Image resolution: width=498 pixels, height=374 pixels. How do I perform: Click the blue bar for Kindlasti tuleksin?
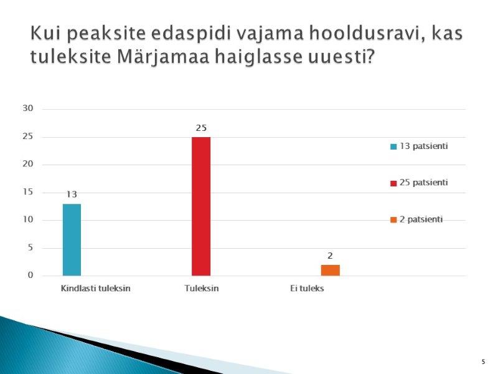pos(72,240)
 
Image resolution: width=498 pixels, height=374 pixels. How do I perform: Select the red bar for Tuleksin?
pos(201,206)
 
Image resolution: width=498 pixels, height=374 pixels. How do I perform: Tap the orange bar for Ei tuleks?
pos(331,271)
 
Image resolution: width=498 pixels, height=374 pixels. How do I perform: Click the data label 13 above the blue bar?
pos(72,194)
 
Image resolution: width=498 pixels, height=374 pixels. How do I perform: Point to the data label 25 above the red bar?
pos(201,128)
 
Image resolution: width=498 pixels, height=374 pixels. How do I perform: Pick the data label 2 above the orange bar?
pos(330,256)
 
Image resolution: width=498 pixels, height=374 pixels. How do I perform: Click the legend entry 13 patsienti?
pos(419,146)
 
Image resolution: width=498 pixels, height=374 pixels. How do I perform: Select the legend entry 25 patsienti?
pos(419,183)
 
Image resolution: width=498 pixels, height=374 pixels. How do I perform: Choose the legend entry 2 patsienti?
pos(416,219)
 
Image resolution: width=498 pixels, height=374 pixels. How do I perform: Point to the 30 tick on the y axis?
pos(27,108)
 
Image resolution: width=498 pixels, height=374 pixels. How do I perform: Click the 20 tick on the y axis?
pos(27,164)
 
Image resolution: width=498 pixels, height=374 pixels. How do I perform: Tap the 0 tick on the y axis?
pos(30,276)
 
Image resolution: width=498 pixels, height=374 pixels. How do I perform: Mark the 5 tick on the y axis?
pos(30,247)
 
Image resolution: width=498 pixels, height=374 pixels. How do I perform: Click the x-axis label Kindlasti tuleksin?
pos(96,289)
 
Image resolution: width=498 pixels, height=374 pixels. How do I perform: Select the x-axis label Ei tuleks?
pos(307,289)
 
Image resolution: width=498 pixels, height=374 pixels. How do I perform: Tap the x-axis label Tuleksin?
pos(201,289)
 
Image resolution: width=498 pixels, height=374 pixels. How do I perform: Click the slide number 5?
pos(484,362)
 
